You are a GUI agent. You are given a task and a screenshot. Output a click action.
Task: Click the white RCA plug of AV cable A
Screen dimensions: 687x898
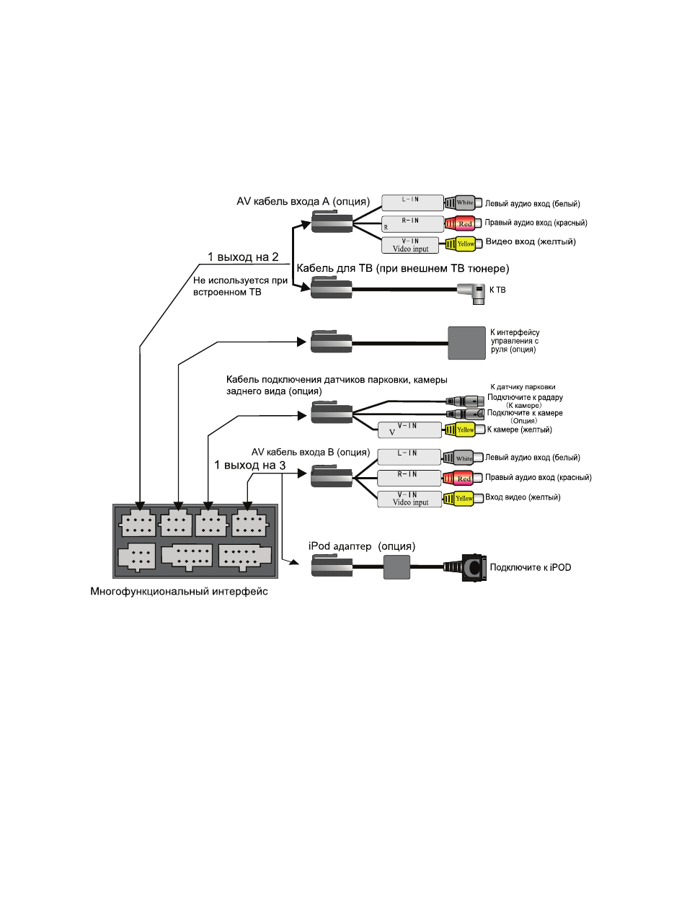[464, 203]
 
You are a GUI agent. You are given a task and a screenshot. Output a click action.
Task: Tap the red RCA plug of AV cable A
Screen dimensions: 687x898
[464, 224]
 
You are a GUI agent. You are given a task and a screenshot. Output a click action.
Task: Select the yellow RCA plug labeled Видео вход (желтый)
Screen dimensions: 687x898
[464, 244]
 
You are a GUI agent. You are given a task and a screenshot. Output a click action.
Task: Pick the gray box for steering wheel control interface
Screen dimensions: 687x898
[466, 343]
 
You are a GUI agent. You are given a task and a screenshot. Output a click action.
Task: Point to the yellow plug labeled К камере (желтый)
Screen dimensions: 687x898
[464, 430]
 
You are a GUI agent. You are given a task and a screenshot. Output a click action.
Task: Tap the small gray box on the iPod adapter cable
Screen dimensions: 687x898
[396, 567]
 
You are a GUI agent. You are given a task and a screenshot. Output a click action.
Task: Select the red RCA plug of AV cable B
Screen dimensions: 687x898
[462, 478]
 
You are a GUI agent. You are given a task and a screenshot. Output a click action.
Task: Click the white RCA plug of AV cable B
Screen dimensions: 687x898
[462, 458]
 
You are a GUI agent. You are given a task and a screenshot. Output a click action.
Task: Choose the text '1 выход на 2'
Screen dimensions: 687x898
[243, 257]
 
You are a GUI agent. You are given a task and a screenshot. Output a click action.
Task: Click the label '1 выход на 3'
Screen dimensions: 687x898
[249, 465]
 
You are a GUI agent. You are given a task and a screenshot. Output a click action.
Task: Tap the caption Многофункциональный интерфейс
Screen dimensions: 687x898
[179, 592]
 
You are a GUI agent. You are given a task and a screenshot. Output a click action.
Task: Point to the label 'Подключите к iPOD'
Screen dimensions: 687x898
[531, 567]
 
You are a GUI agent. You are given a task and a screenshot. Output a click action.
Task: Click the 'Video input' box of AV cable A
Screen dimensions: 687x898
[410, 245]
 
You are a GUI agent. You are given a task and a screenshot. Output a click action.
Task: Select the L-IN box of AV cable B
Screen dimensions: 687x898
[409, 457]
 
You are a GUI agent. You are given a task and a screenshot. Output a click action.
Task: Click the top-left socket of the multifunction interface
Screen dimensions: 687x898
[138, 523]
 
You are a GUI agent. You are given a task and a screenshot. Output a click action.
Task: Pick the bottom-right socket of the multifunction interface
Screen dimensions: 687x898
[244, 557]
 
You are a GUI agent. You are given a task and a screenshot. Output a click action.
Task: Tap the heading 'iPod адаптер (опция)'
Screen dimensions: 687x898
[362, 546]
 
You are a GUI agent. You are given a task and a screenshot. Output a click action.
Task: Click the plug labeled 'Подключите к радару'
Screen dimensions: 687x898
[465, 401]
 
